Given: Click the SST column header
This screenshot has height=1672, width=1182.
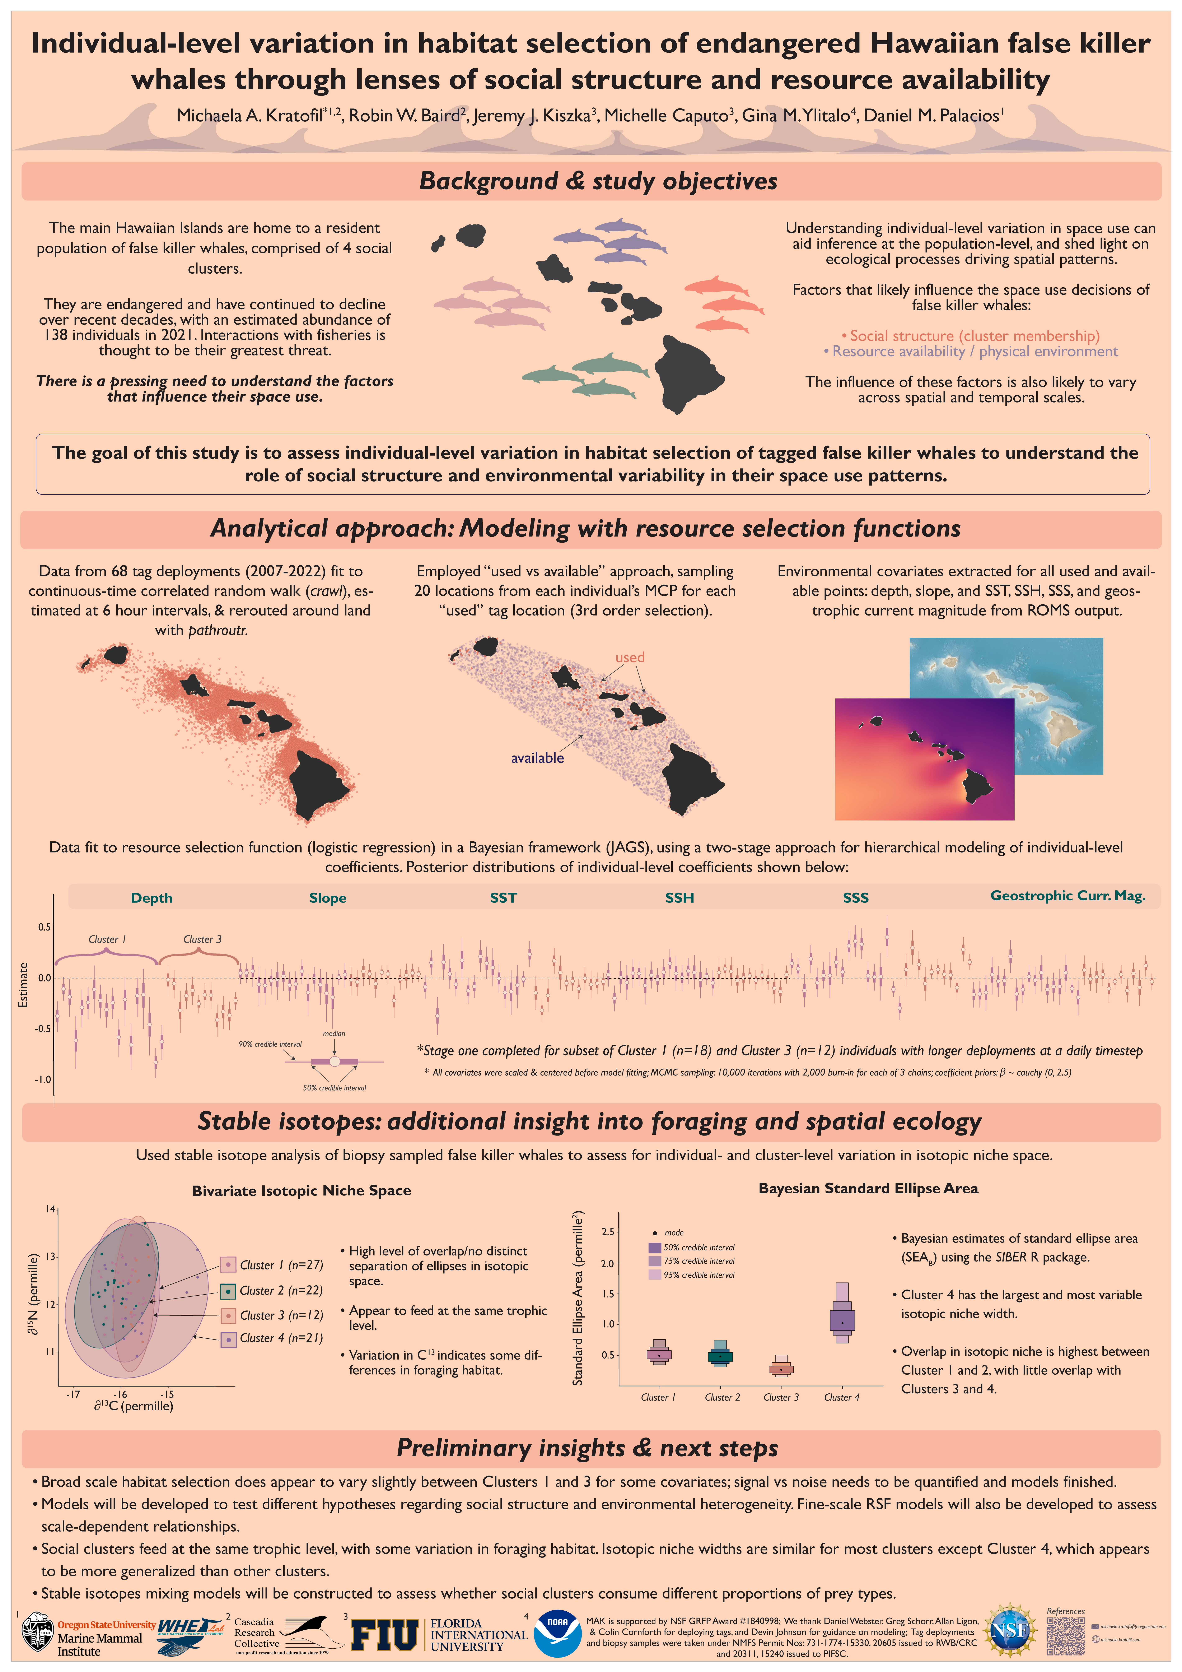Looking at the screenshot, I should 503,898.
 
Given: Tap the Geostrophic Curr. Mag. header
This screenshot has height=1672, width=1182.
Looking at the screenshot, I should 1068,896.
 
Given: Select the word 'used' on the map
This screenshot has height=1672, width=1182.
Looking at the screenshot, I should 630,658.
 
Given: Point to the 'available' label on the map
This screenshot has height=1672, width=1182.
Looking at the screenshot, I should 537,758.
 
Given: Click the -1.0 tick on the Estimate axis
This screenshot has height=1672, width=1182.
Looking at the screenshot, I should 43,1079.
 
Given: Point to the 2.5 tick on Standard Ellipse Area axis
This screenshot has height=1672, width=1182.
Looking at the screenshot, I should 608,1231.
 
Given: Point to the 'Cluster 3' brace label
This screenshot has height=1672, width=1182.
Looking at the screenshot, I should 202,939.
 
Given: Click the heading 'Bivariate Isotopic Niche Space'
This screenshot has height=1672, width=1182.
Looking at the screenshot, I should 301,1191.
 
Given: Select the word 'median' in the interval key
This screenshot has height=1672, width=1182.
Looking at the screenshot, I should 334,1033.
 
